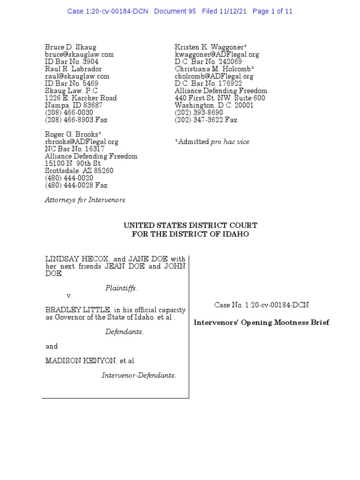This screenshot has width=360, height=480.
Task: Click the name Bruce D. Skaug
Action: [x=70, y=47]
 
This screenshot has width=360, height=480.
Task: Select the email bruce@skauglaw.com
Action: [x=79, y=54]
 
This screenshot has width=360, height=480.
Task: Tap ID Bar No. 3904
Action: [x=72, y=61]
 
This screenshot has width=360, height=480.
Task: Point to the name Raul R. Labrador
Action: [x=73, y=69]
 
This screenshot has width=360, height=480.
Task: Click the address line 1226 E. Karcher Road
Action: [x=81, y=98]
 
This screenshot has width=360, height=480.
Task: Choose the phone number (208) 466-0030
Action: [x=69, y=112]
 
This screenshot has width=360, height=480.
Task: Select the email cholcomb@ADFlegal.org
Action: [x=214, y=76]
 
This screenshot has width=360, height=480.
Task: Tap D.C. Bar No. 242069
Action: [x=208, y=61]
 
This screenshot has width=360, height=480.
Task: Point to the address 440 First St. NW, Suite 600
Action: [x=220, y=98]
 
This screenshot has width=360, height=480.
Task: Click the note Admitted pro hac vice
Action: [x=212, y=142]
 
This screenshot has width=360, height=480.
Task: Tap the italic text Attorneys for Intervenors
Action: [x=85, y=200]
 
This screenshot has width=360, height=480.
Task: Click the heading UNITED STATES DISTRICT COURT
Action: [x=190, y=225]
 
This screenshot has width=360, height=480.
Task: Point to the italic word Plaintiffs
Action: [x=121, y=288]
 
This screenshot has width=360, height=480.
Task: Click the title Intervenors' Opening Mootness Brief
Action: [x=262, y=322]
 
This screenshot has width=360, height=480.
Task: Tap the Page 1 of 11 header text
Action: [x=272, y=11]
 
